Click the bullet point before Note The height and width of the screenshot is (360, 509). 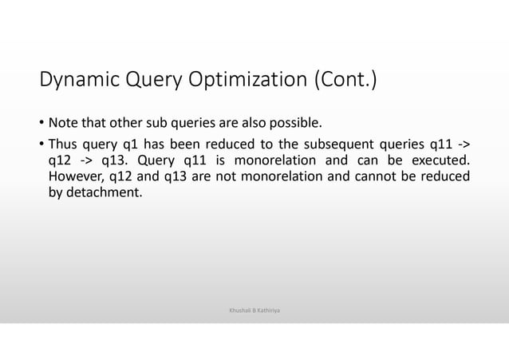[41, 125]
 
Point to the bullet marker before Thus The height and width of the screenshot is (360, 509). [41, 144]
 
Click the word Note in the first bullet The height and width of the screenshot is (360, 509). [63, 124]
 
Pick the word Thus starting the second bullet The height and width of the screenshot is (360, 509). [64, 144]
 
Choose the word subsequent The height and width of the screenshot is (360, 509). [341, 144]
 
